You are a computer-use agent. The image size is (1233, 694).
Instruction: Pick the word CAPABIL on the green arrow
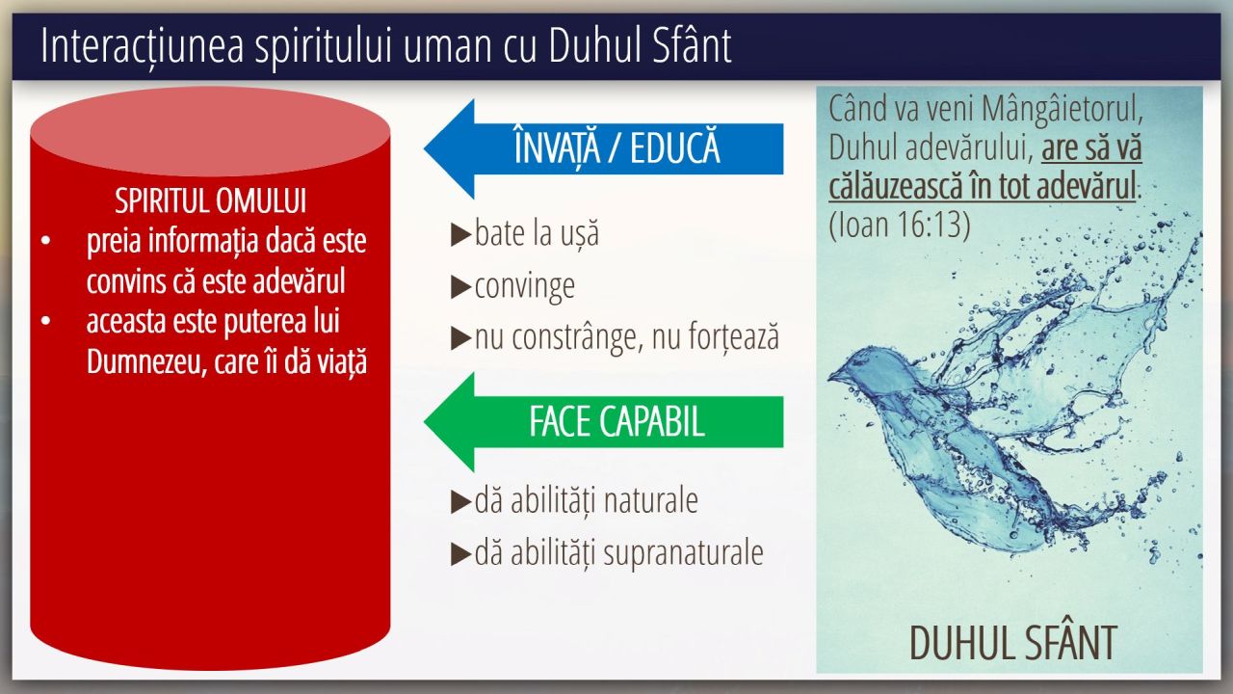652,422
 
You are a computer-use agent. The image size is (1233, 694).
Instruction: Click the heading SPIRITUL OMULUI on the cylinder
210,200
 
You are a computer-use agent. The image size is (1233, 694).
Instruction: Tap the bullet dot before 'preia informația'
45,241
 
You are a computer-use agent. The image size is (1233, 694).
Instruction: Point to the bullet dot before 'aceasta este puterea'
45,321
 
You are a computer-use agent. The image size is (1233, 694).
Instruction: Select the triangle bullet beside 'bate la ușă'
460,234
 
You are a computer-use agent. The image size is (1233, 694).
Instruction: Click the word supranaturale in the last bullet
683,553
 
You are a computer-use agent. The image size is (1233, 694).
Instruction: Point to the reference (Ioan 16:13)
900,225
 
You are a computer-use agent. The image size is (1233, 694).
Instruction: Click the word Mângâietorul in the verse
1060,109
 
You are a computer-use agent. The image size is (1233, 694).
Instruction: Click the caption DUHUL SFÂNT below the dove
1012,642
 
